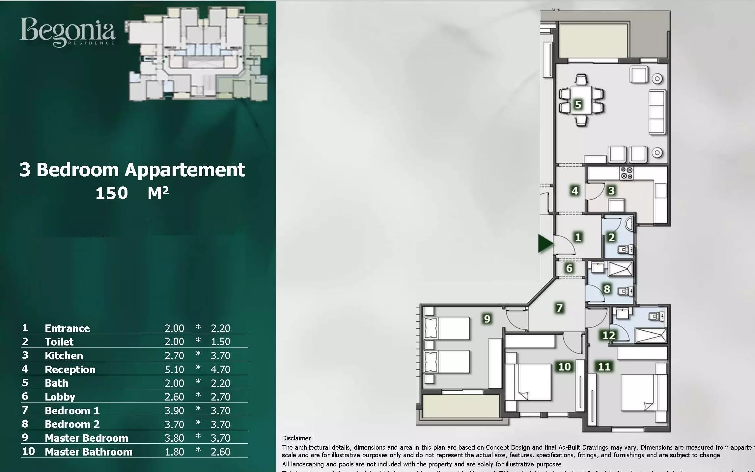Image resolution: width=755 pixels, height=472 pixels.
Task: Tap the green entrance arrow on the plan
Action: [545, 244]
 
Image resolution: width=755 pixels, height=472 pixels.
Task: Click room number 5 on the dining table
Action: [578, 105]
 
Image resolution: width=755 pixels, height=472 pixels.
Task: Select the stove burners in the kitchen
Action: [627, 173]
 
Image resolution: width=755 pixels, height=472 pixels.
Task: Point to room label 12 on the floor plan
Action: [608, 335]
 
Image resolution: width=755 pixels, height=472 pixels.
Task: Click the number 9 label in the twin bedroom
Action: [487, 319]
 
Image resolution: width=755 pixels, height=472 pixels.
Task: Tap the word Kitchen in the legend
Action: [64, 356]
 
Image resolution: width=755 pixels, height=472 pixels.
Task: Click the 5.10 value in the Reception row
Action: [174, 370]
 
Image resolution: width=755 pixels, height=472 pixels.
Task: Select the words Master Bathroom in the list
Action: [89, 452]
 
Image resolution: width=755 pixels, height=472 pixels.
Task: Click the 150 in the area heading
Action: [112, 193]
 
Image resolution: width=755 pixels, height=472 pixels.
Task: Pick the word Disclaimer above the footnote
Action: [296, 438]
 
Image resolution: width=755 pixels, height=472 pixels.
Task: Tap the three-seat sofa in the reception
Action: [657, 112]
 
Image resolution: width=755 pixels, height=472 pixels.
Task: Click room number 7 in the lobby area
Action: [559, 308]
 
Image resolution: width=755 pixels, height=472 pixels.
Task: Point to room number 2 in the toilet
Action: [611, 237]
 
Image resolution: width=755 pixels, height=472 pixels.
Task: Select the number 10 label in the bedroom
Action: [564, 367]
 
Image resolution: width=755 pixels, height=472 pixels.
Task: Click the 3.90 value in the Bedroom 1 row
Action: [174, 411]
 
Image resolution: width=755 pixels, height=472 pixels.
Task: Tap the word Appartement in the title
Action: [185, 170]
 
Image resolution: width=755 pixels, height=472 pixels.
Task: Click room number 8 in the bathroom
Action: [607, 289]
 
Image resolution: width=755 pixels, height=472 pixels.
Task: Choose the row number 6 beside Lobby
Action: [25, 396]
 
